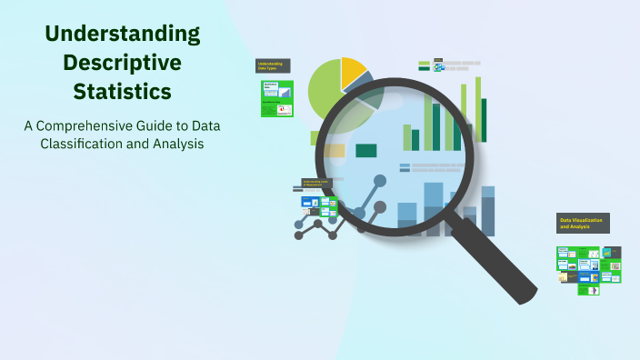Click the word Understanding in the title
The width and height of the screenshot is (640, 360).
click(123, 35)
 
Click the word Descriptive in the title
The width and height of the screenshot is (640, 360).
click(123, 63)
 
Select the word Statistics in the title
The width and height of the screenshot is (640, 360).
click(123, 92)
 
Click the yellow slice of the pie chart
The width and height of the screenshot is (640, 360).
click(352, 73)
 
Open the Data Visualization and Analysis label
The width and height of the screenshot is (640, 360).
click(583, 223)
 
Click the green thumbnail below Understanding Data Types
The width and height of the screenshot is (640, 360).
click(277, 98)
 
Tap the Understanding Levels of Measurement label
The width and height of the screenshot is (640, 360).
click(317, 184)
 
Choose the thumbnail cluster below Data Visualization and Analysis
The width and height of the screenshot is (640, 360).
click(588, 268)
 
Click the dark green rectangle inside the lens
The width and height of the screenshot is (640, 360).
click(366, 151)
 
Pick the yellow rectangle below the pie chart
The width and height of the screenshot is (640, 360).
click(335, 151)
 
